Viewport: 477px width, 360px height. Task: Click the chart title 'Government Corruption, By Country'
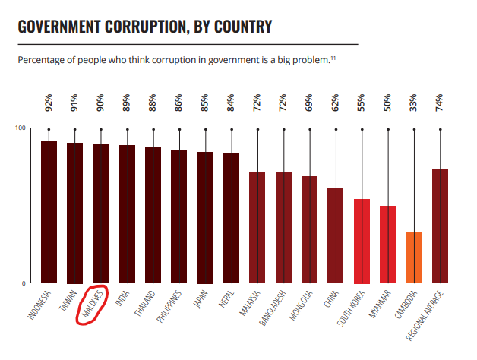(144, 27)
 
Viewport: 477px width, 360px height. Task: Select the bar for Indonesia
(49, 212)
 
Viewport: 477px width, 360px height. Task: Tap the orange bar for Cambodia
(413, 257)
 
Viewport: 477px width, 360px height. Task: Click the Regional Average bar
(440, 226)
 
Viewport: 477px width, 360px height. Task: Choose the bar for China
(335, 235)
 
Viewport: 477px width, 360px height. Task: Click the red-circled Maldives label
(92, 305)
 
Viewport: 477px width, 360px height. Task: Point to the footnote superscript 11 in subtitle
(333, 57)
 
